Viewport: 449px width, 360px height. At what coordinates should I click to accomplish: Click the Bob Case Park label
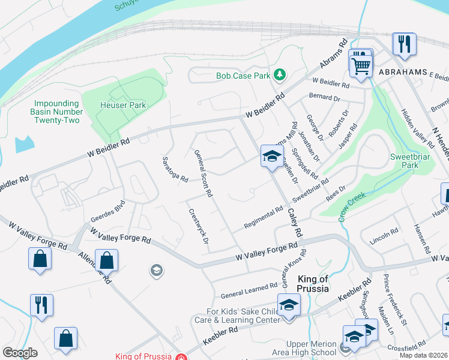pos(243,76)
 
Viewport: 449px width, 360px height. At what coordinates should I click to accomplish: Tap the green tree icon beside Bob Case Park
pos(279,75)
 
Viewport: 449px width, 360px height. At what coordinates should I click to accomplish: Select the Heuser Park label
pos(122,105)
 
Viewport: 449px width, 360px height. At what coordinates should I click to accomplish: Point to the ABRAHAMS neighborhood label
pos(403,71)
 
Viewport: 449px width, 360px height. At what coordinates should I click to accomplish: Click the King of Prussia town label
pos(313,284)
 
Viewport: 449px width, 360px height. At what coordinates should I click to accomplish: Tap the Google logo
pos(20,353)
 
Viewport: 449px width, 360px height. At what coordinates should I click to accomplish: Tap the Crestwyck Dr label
pos(198,226)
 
